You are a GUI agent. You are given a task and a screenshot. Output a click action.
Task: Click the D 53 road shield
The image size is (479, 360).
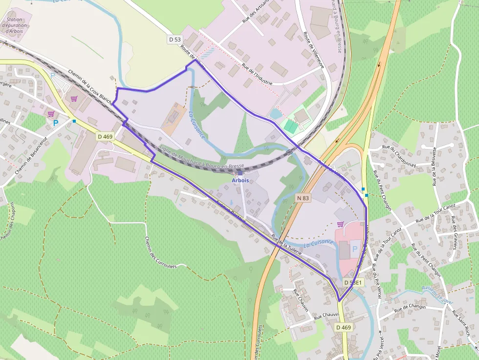pyautogui.click(x=174, y=39)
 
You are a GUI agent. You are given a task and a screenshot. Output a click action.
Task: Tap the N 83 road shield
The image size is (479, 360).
pyautogui.click(x=303, y=198)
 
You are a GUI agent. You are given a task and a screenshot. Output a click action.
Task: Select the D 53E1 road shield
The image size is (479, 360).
pyautogui.click(x=352, y=282)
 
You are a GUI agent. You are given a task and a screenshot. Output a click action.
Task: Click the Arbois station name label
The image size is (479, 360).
pyautogui.click(x=240, y=180)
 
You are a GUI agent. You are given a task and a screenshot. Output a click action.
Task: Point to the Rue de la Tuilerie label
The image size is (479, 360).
pyautogui.click(x=287, y=246)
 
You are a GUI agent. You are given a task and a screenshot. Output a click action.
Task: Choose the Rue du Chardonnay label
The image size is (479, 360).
pyautogui.click(x=399, y=156)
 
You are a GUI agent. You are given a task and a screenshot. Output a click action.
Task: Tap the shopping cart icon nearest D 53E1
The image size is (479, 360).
pyautogui.click(x=340, y=224)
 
